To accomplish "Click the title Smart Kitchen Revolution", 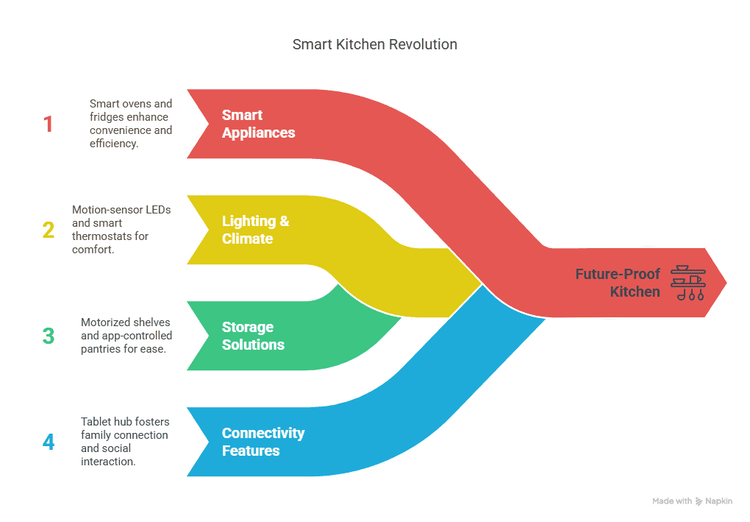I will click(x=374, y=44).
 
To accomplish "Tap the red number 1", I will click(x=49, y=124).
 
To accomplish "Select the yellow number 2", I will click(x=49, y=230).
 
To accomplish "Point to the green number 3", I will click(x=49, y=336).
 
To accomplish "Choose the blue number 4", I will click(x=49, y=442).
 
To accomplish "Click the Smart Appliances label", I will click(x=258, y=124).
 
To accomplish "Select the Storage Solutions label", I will click(x=253, y=336).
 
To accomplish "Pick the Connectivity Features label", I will click(x=262, y=442).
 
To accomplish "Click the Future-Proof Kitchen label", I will click(x=618, y=283).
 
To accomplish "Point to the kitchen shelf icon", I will click(x=687, y=283).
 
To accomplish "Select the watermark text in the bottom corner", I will click(x=692, y=501).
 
